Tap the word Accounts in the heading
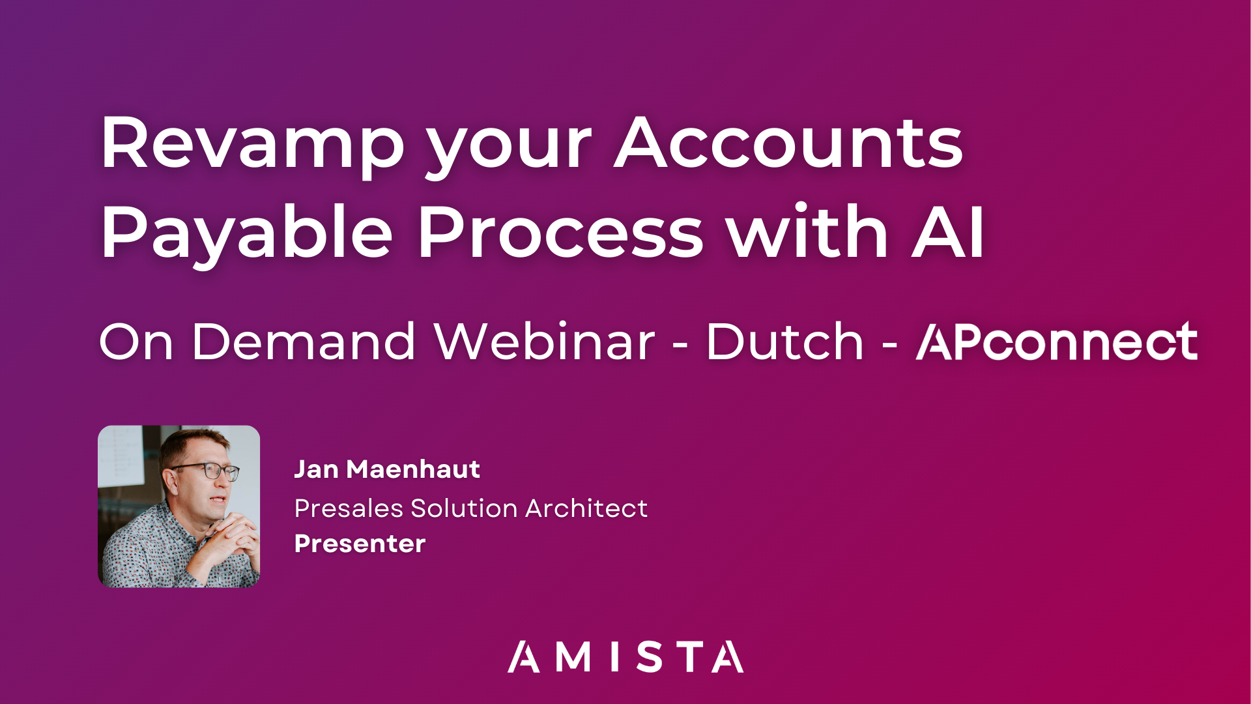pyautogui.click(x=788, y=143)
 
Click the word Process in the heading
pyautogui.click(x=560, y=232)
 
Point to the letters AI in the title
pyautogui.click(x=948, y=232)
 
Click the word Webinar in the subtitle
pyautogui.click(x=545, y=342)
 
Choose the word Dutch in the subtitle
pyautogui.click(x=784, y=342)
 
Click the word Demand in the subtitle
pyautogui.click(x=304, y=342)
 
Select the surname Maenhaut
pyautogui.click(x=413, y=469)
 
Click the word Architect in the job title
pyautogui.click(x=586, y=508)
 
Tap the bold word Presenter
pyautogui.click(x=360, y=544)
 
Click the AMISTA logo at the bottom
pyautogui.click(x=625, y=657)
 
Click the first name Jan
pyautogui.click(x=316, y=469)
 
